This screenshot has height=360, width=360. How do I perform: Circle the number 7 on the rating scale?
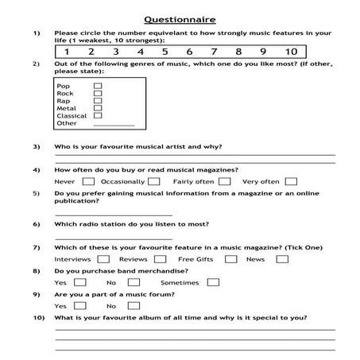click(x=214, y=52)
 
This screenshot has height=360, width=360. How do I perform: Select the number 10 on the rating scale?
click(x=291, y=52)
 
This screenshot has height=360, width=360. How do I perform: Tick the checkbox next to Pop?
click(x=98, y=84)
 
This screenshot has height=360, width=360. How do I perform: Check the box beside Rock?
click(x=98, y=93)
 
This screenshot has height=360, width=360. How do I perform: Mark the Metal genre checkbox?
click(x=98, y=108)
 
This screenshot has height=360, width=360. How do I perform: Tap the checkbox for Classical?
click(x=98, y=116)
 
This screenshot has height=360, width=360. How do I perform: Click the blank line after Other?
click(x=113, y=125)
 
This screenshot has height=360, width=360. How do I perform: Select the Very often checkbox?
click(x=292, y=181)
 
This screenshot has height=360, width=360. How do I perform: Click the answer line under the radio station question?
click(x=113, y=238)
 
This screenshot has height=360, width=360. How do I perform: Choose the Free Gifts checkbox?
click(x=230, y=259)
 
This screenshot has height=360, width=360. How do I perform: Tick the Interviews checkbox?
click(x=103, y=259)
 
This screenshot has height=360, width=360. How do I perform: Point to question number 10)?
click(x=38, y=318)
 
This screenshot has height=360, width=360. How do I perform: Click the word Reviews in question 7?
click(x=133, y=259)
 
